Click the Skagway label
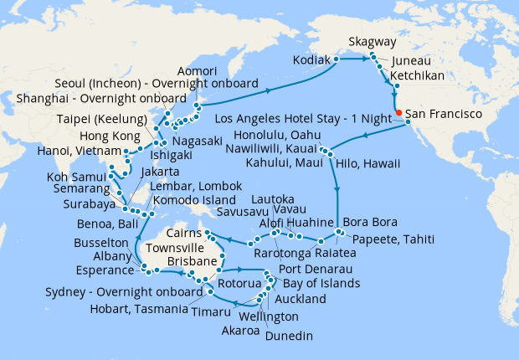373,42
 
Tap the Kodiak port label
311,60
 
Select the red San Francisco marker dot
399,112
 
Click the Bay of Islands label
318,283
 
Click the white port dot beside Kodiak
337,60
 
